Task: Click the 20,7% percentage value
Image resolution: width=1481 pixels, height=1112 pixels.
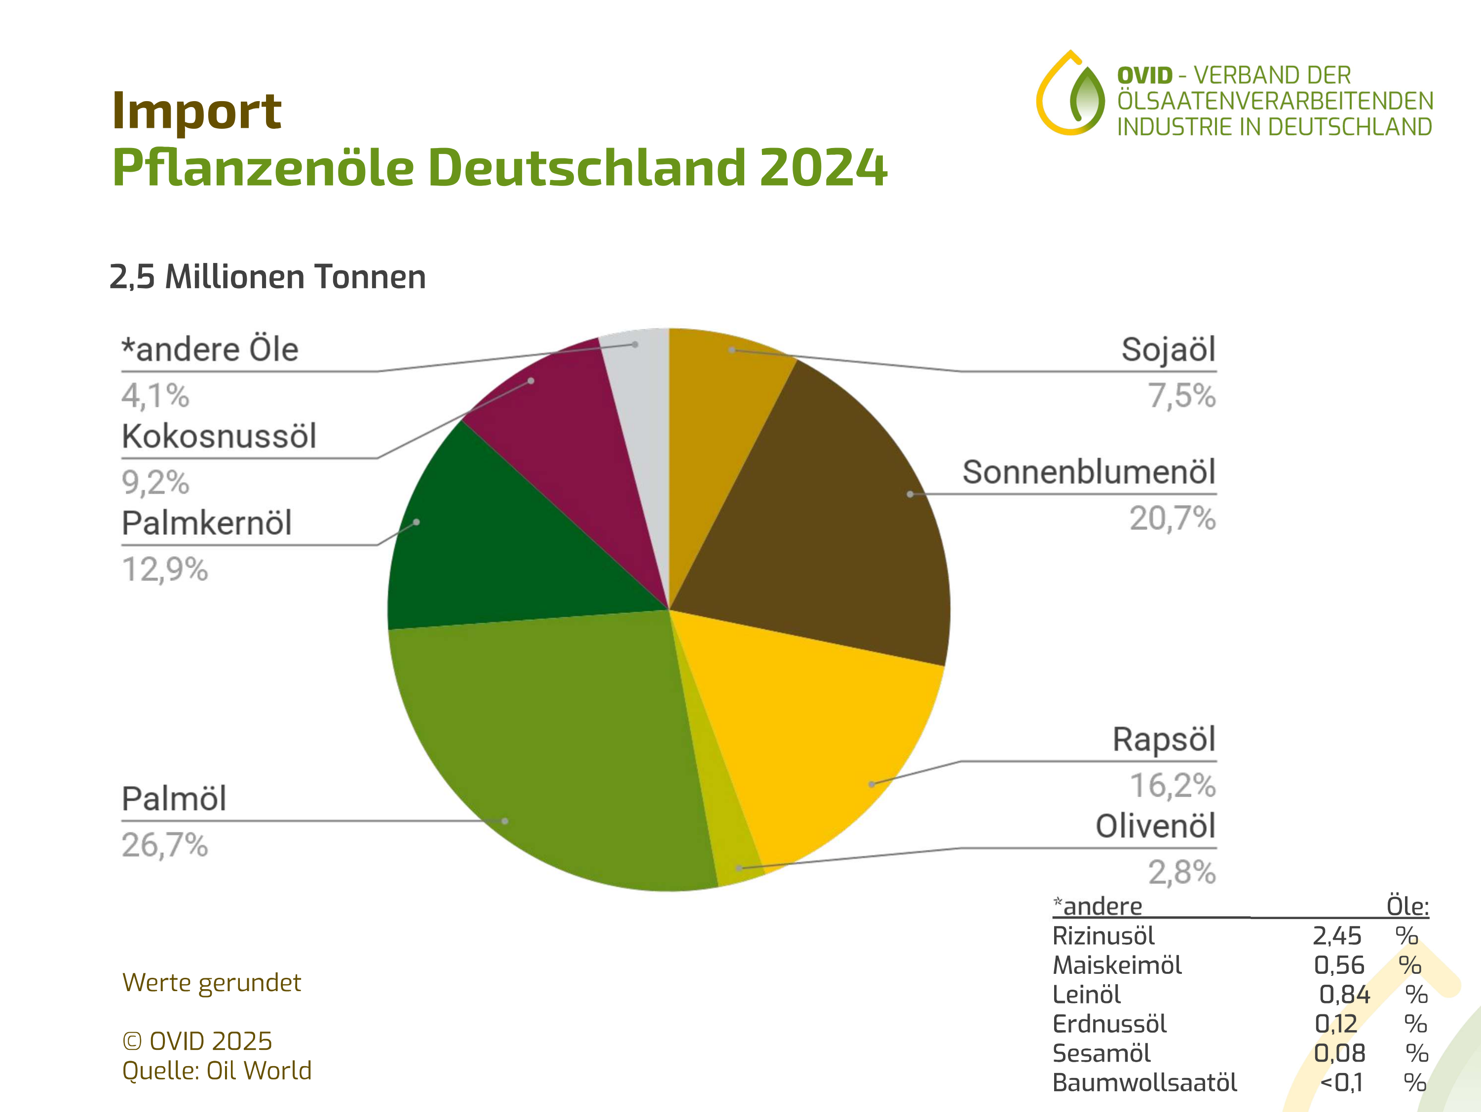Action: click(x=1173, y=519)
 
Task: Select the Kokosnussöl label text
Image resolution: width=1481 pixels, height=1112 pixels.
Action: click(x=219, y=437)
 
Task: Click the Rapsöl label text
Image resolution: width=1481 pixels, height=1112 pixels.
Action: click(x=1164, y=740)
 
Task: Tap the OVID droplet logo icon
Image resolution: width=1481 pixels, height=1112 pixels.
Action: click(x=1070, y=94)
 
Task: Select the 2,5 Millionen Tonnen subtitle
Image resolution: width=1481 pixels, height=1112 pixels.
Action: click(x=268, y=276)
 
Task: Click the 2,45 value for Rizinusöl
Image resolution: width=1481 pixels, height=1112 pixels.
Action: click(x=1336, y=936)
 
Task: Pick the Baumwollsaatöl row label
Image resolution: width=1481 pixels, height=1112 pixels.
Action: click(x=1144, y=1082)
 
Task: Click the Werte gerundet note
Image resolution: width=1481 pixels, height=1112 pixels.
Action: click(x=212, y=983)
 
